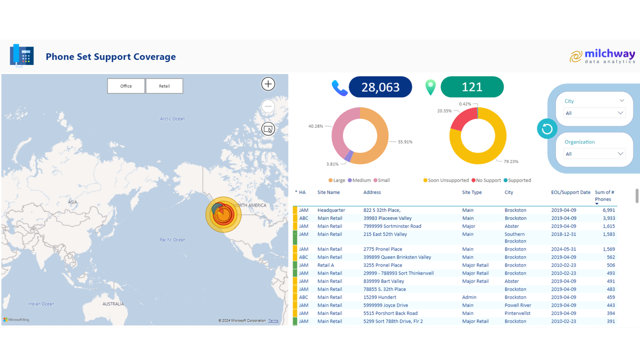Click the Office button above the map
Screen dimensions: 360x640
[126, 86]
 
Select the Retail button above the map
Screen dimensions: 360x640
[164, 86]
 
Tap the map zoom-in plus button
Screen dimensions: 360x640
[268, 84]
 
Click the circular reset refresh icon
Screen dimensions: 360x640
[547, 129]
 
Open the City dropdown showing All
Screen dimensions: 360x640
[594, 113]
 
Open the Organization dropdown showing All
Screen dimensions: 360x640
[594, 154]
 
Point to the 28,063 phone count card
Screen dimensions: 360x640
[380, 87]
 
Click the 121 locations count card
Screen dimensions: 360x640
[471, 87]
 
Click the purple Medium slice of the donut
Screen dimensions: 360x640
[349, 156]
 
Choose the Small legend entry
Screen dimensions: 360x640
[383, 180]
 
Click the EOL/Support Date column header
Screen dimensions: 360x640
[570, 192]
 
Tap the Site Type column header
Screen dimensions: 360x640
[471, 192]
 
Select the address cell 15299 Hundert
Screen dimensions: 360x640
[379, 297]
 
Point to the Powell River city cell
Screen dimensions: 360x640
[518, 305]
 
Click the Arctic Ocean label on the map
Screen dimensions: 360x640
[172, 119]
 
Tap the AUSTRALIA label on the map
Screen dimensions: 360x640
[113, 304]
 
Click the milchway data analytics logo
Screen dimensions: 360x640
[602, 56]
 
